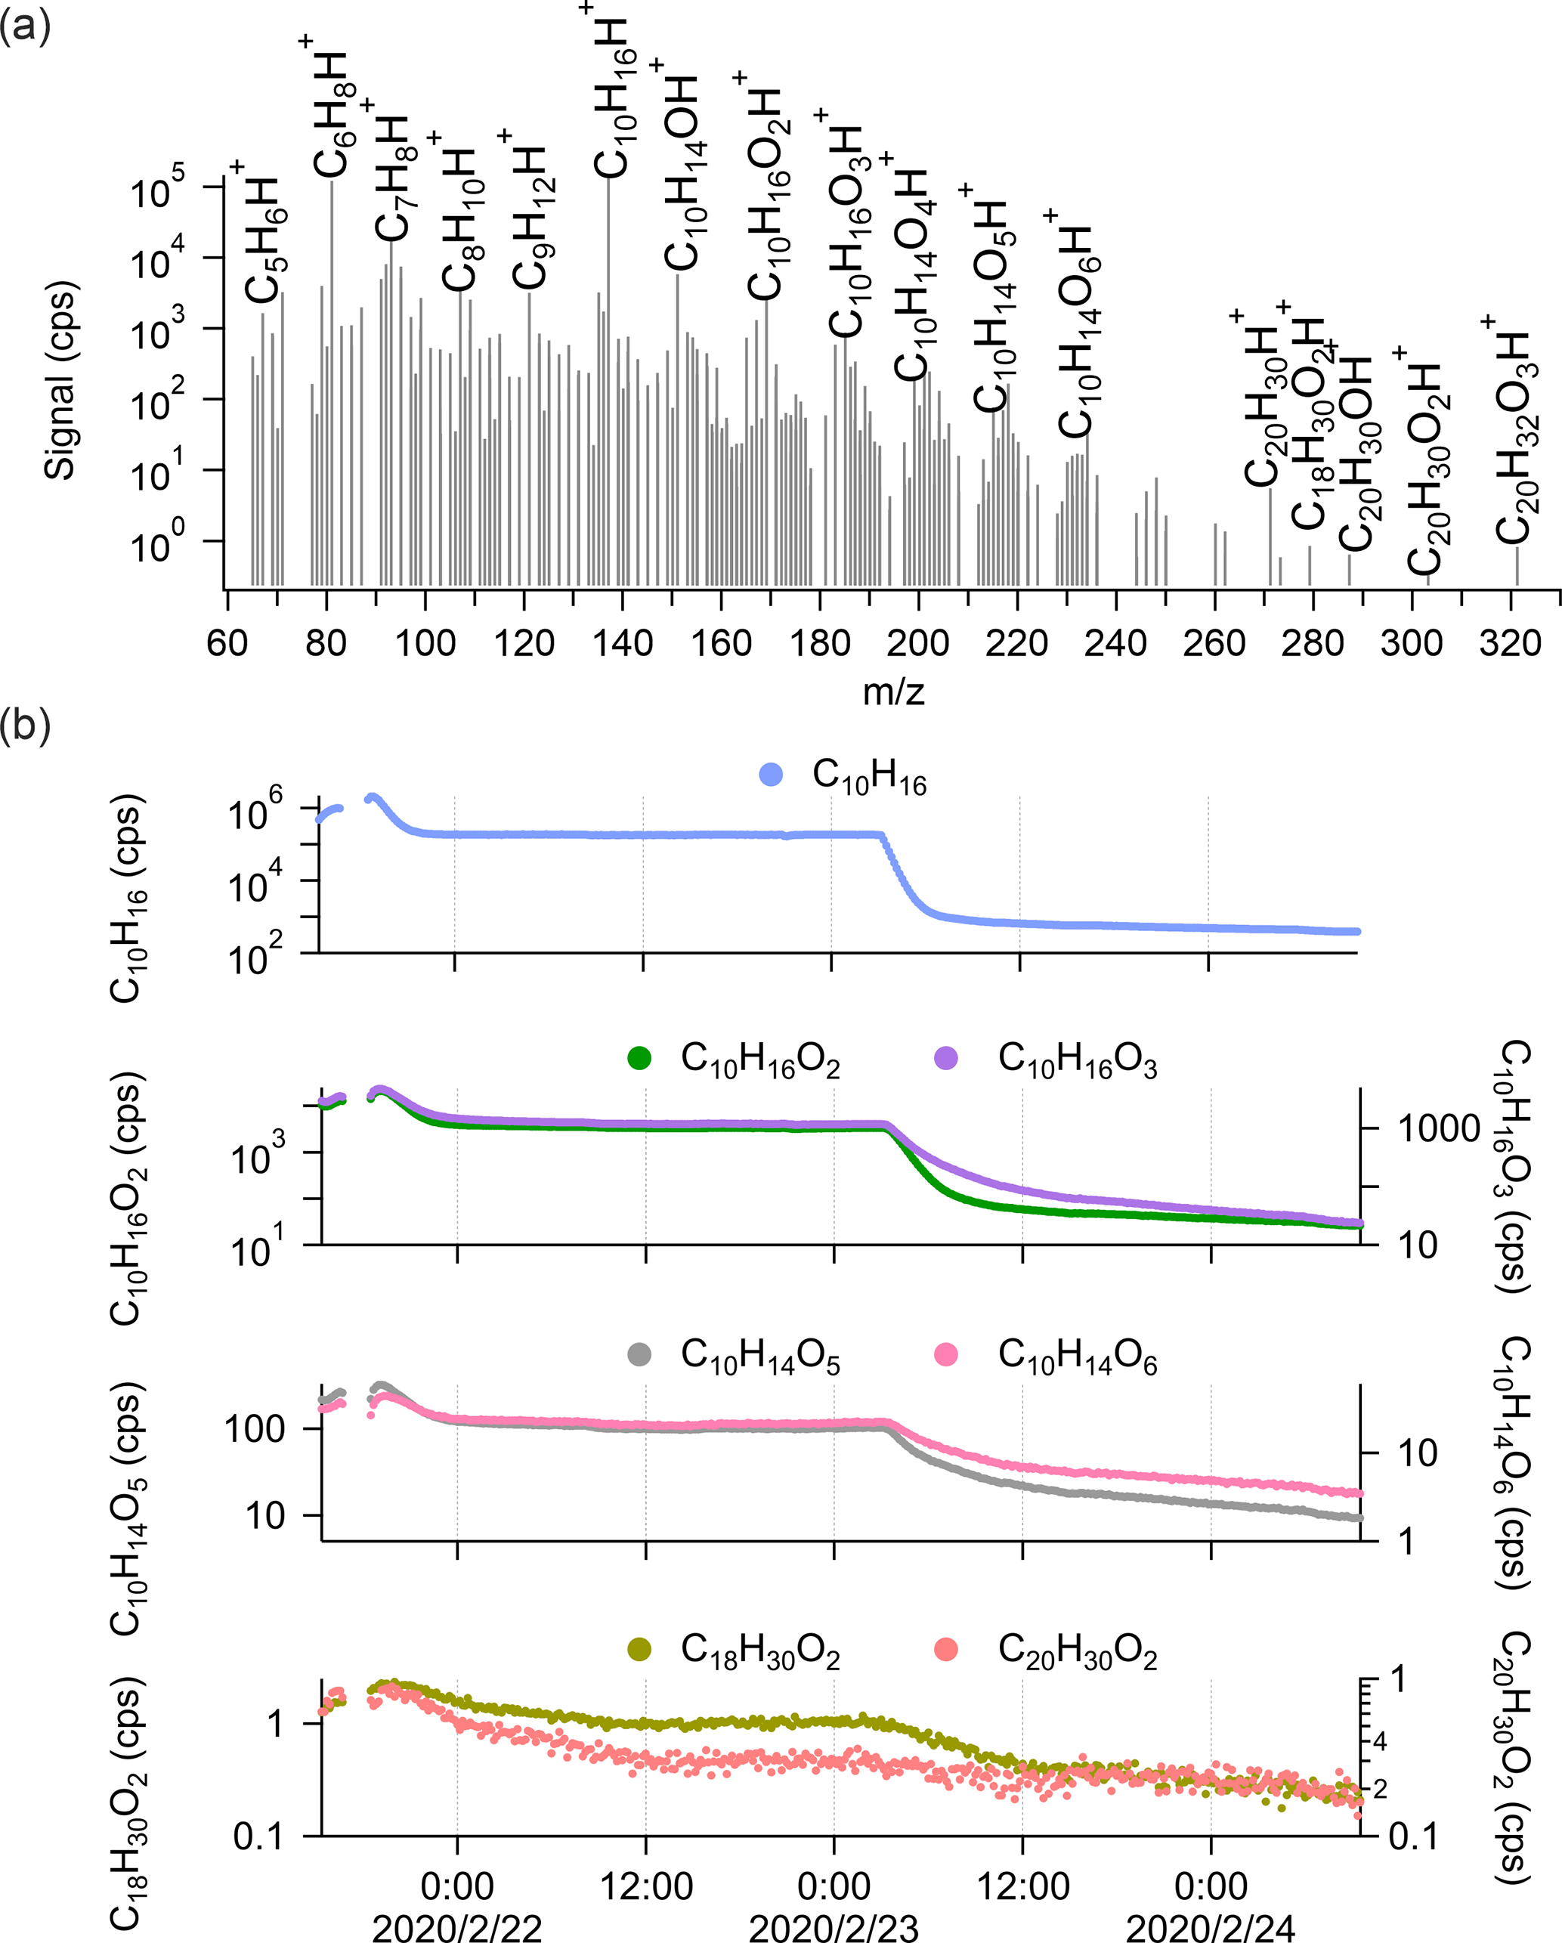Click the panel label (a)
tap(24, 26)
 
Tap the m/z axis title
tap(893, 692)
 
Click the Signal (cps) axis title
tap(61, 380)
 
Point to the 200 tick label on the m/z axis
tap(917, 643)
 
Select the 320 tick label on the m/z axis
tap(1511, 643)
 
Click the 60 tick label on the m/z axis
tap(227, 643)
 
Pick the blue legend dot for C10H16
tap(771, 774)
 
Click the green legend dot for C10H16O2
tap(639, 1058)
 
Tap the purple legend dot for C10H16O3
tap(945, 1058)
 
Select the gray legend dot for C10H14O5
tap(639, 1354)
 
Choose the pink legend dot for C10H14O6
tap(945, 1354)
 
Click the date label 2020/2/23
tap(834, 1928)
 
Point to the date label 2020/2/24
tap(1211, 1928)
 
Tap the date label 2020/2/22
tap(457, 1928)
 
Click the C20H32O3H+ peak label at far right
tap(1514, 432)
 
